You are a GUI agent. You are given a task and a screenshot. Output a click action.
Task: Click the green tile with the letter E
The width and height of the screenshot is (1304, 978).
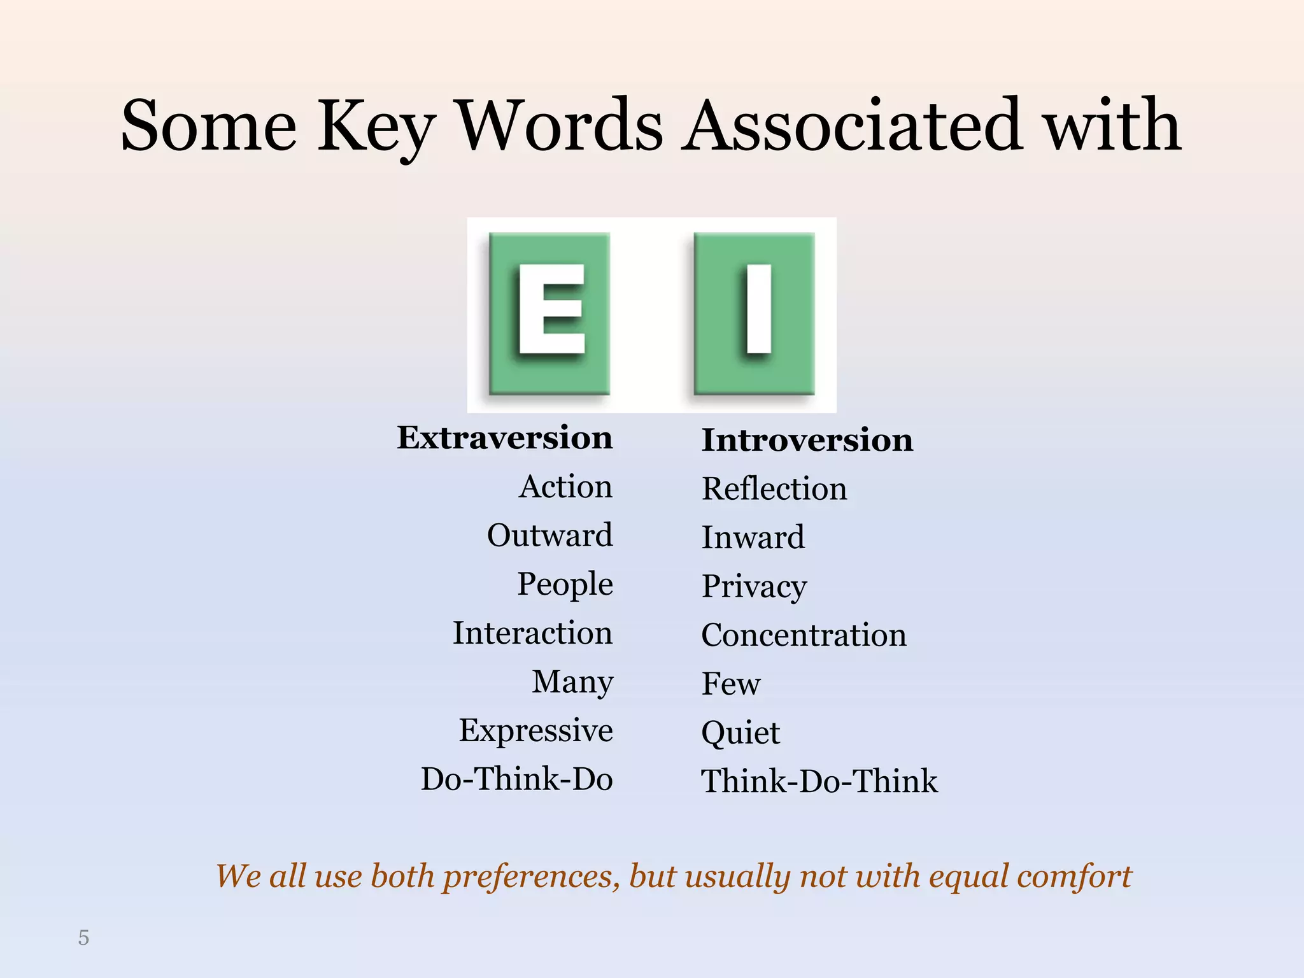pyautogui.click(x=549, y=313)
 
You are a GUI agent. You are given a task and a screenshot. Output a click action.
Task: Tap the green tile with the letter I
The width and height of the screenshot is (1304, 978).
pyautogui.click(x=755, y=313)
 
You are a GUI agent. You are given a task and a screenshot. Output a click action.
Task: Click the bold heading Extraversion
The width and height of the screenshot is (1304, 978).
pyautogui.click(x=504, y=438)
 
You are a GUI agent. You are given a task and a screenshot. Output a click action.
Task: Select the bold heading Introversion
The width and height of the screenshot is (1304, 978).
pyautogui.click(x=807, y=440)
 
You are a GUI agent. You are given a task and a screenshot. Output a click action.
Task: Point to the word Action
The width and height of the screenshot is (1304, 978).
pyautogui.click(x=565, y=487)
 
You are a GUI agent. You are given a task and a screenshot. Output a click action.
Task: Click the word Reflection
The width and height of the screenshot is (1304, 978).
pyautogui.click(x=774, y=489)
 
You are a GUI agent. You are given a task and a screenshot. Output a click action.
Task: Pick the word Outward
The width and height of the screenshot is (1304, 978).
pyautogui.click(x=550, y=535)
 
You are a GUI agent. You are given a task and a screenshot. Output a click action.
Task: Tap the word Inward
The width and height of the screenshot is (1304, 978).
pyautogui.click(x=753, y=537)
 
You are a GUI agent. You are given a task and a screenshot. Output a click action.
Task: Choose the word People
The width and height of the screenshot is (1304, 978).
pyautogui.click(x=565, y=585)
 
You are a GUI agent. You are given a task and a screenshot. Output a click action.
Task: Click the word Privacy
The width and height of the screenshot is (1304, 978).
pyautogui.click(x=754, y=586)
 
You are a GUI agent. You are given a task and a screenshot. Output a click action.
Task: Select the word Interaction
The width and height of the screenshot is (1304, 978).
pyautogui.click(x=532, y=634)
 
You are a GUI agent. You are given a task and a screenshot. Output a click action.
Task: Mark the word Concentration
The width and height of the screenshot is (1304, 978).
pyautogui.click(x=804, y=635)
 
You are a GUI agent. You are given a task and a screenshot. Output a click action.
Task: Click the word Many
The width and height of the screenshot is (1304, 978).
pyautogui.click(x=572, y=682)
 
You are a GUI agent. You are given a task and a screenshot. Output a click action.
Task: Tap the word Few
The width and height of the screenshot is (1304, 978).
pyautogui.click(x=731, y=684)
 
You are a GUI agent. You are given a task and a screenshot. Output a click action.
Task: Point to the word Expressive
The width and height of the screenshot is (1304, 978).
pyautogui.click(x=535, y=731)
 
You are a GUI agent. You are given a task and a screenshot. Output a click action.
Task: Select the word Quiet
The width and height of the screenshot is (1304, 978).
pyautogui.click(x=741, y=733)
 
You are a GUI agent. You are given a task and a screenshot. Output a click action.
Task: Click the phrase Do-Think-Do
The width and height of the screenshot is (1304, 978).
pyautogui.click(x=516, y=779)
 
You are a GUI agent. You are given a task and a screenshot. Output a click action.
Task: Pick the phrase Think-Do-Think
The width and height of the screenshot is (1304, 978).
pyautogui.click(x=819, y=782)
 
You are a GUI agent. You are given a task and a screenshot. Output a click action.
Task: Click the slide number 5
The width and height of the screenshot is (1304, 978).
pyautogui.click(x=83, y=938)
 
